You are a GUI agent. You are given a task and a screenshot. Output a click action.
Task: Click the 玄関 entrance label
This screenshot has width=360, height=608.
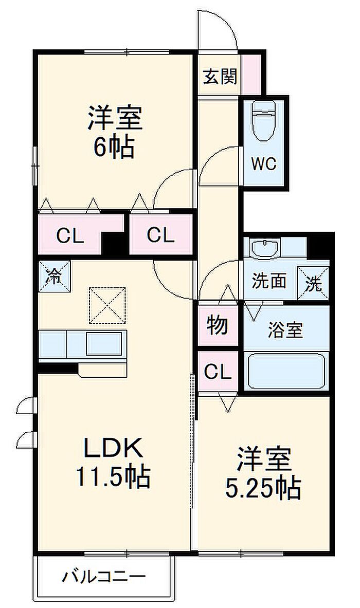coord(220,77)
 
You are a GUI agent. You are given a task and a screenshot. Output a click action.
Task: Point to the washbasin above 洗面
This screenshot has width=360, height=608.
coord(264,249)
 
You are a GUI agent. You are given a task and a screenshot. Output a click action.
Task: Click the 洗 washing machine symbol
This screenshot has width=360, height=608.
coord(313,283)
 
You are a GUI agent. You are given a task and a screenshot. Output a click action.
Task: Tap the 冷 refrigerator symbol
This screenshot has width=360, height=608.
coord(55,276)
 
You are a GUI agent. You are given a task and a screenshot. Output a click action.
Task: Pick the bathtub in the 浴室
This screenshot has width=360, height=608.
coord(286,371)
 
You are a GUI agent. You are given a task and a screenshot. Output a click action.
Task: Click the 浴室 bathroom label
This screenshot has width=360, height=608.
coord(285,329)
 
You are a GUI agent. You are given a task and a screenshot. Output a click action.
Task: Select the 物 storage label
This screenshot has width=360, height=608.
coord(217,324)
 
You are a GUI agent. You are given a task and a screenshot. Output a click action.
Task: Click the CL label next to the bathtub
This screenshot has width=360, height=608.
coord(218,372)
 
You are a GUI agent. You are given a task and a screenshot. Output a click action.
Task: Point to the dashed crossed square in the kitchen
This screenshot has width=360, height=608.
coord(107,305)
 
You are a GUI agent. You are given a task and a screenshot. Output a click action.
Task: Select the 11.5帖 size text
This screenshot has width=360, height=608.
coord(113,476)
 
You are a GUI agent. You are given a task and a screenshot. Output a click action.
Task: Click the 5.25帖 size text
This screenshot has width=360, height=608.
coord(263,488)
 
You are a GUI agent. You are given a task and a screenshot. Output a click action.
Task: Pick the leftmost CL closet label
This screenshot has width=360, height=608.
coord(70,235)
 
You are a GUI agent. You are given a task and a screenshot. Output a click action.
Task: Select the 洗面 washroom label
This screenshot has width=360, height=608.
coord(269,281)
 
